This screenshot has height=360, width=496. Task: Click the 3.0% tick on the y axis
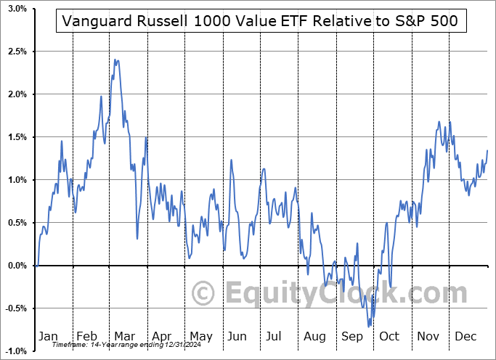(x=17, y=9)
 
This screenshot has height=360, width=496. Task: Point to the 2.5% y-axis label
(x=17, y=52)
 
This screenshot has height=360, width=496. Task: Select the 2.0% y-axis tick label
(x=17, y=94)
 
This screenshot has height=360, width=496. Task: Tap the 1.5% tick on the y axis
(x=17, y=137)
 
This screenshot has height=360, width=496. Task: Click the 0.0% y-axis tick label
(x=17, y=266)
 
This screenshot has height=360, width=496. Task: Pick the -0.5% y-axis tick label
(x=15, y=308)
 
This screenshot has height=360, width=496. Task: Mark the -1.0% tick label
(x=15, y=351)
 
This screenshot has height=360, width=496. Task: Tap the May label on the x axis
(x=201, y=336)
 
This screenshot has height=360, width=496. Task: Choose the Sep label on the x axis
(x=352, y=336)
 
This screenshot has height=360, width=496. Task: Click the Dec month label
(x=465, y=336)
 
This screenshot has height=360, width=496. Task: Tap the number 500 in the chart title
(x=443, y=21)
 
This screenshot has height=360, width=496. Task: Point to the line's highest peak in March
(x=115, y=60)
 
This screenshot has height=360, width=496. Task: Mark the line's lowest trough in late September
(x=369, y=327)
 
